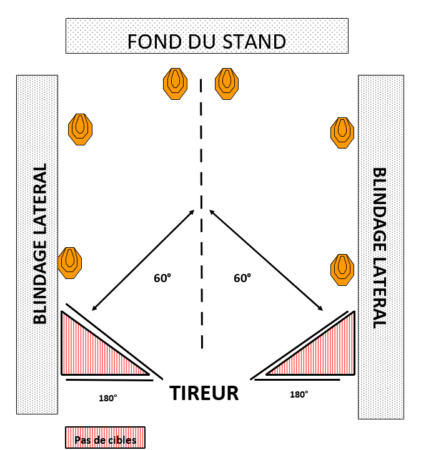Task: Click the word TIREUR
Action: (x=204, y=394)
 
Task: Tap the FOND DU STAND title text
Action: (x=207, y=41)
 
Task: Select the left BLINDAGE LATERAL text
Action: (x=40, y=245)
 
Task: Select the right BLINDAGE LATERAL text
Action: (x=379, y=247)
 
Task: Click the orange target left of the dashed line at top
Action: (x=175, y=83)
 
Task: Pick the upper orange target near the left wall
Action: (x=80, y=129)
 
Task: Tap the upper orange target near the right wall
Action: (x=342, y=132)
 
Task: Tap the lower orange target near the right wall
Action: (x=342, y=269)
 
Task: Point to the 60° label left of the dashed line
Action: (x=162, y=278)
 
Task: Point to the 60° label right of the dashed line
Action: (x=242, y=278)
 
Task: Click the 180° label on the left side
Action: (x=107, y=398)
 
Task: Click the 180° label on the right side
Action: (x=299, y=394)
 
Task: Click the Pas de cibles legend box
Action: (x=106, y=438)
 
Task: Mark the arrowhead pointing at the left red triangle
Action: (x=94, y=308)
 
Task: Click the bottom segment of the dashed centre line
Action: (x=202, y=340)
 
